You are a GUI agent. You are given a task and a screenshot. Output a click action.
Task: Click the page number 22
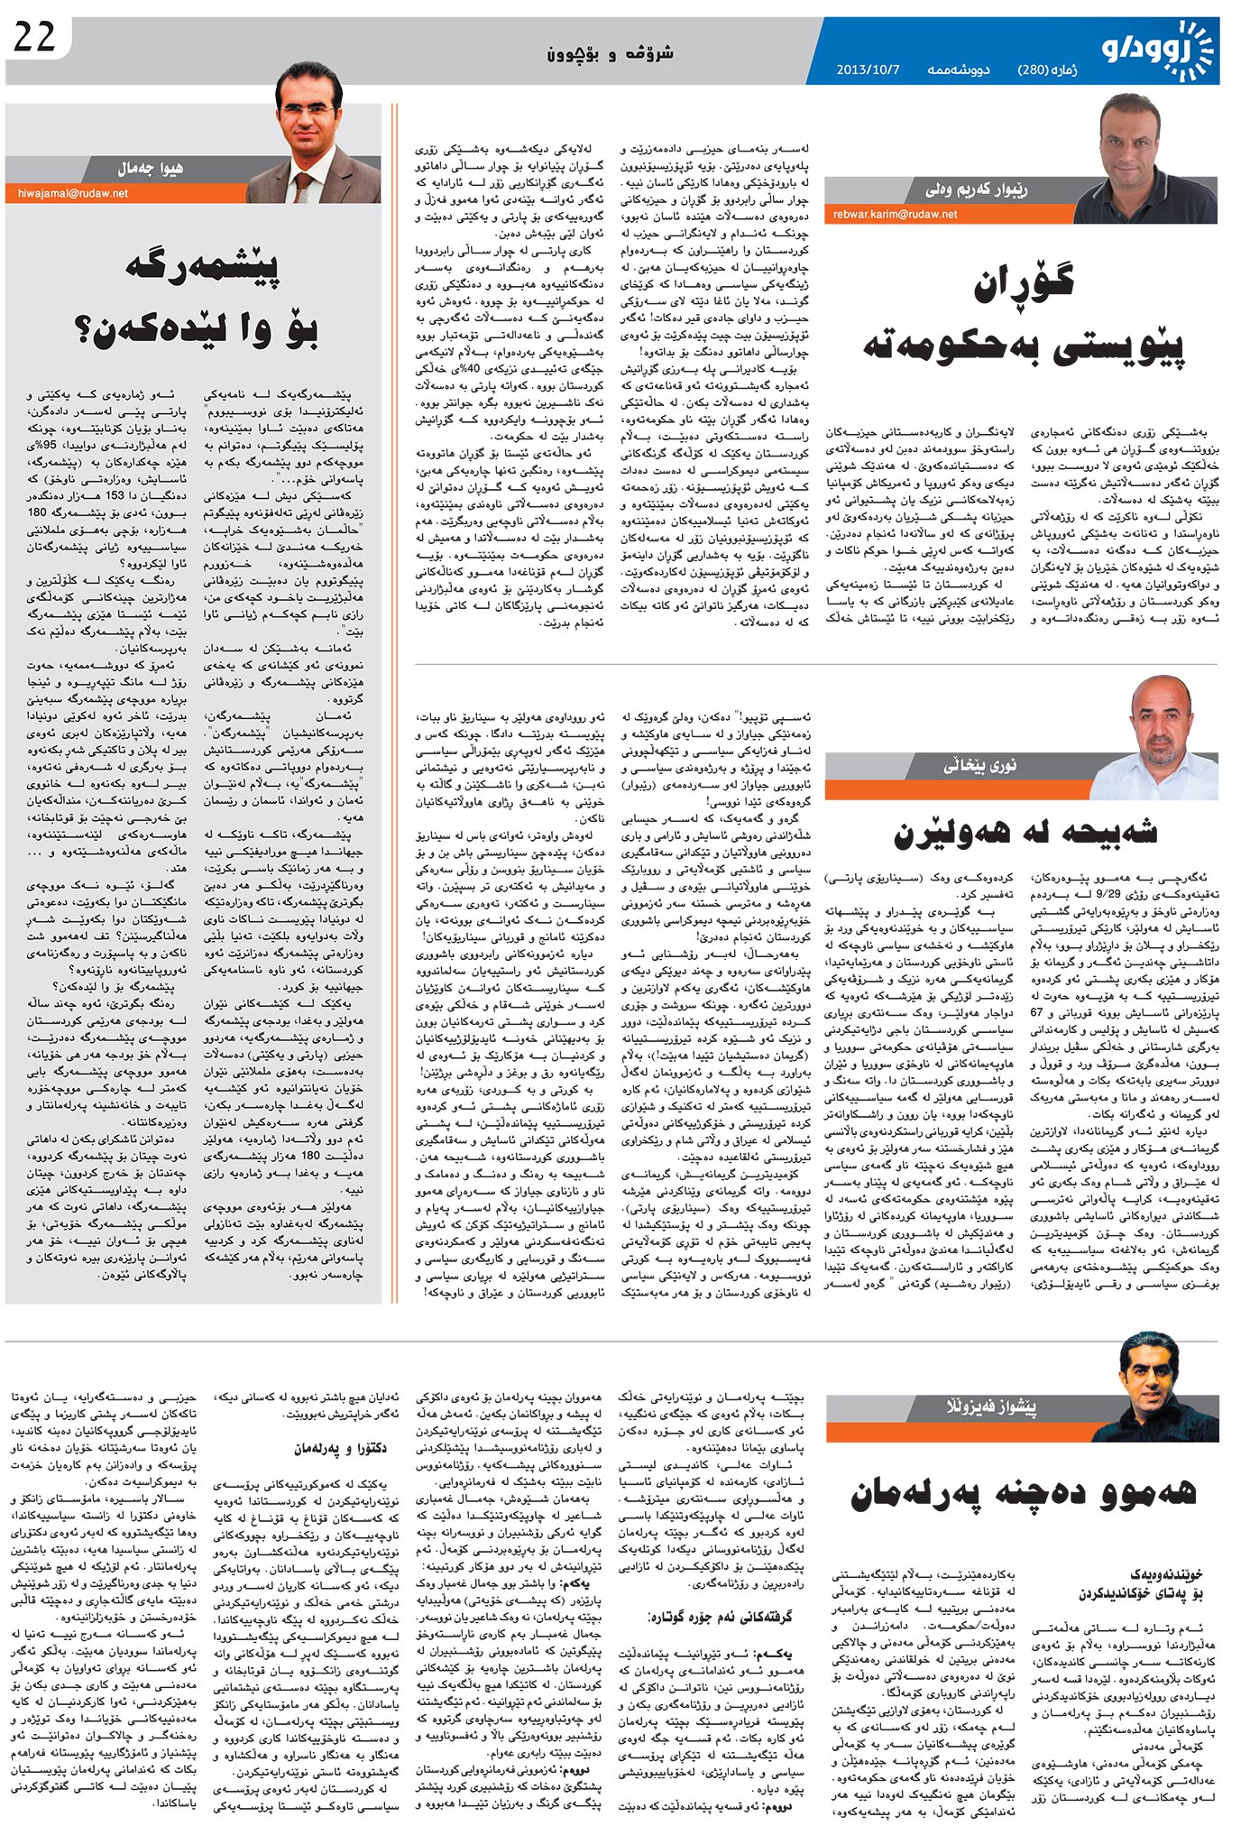[35, 37]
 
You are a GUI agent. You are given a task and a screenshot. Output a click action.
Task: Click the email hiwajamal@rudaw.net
[72, 193]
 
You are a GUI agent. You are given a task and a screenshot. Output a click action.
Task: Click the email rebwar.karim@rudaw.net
[895, 214]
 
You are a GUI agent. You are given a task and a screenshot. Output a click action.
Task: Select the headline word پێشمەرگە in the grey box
[201, 268]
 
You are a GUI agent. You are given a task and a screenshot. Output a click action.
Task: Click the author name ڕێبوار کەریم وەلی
[988, 189]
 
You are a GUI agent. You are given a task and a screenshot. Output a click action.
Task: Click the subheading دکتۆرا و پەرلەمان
[340, 1449]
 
